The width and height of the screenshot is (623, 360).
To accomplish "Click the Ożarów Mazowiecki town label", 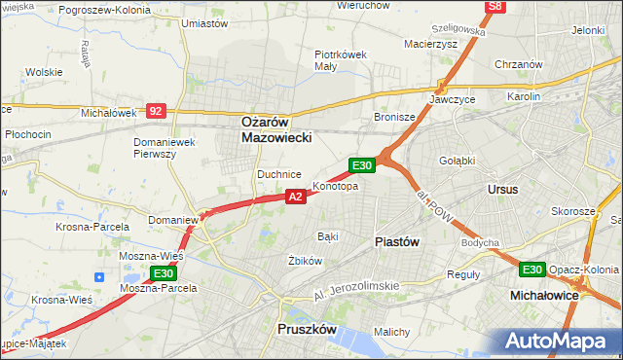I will tap(275, 130).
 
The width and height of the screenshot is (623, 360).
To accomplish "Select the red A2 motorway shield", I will tap(297, 197).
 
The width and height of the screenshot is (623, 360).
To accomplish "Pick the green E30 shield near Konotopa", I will tap(362, 165).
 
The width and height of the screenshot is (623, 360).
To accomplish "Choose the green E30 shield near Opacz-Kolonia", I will tap(531, 270).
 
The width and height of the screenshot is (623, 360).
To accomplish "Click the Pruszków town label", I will tap(306, 330).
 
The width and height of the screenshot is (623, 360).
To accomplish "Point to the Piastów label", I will tap(396, 242).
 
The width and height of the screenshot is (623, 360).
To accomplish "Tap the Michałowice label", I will tap(545, 293).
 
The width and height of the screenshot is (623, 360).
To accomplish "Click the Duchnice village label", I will tap(277, 174).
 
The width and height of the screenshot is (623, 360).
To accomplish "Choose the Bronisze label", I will tap(395, 117).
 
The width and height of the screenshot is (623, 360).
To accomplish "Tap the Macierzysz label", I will tap(429, 43).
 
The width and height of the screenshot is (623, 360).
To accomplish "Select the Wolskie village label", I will tap(44, 72).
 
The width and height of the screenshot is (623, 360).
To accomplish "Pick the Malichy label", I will tap(392, 332).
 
